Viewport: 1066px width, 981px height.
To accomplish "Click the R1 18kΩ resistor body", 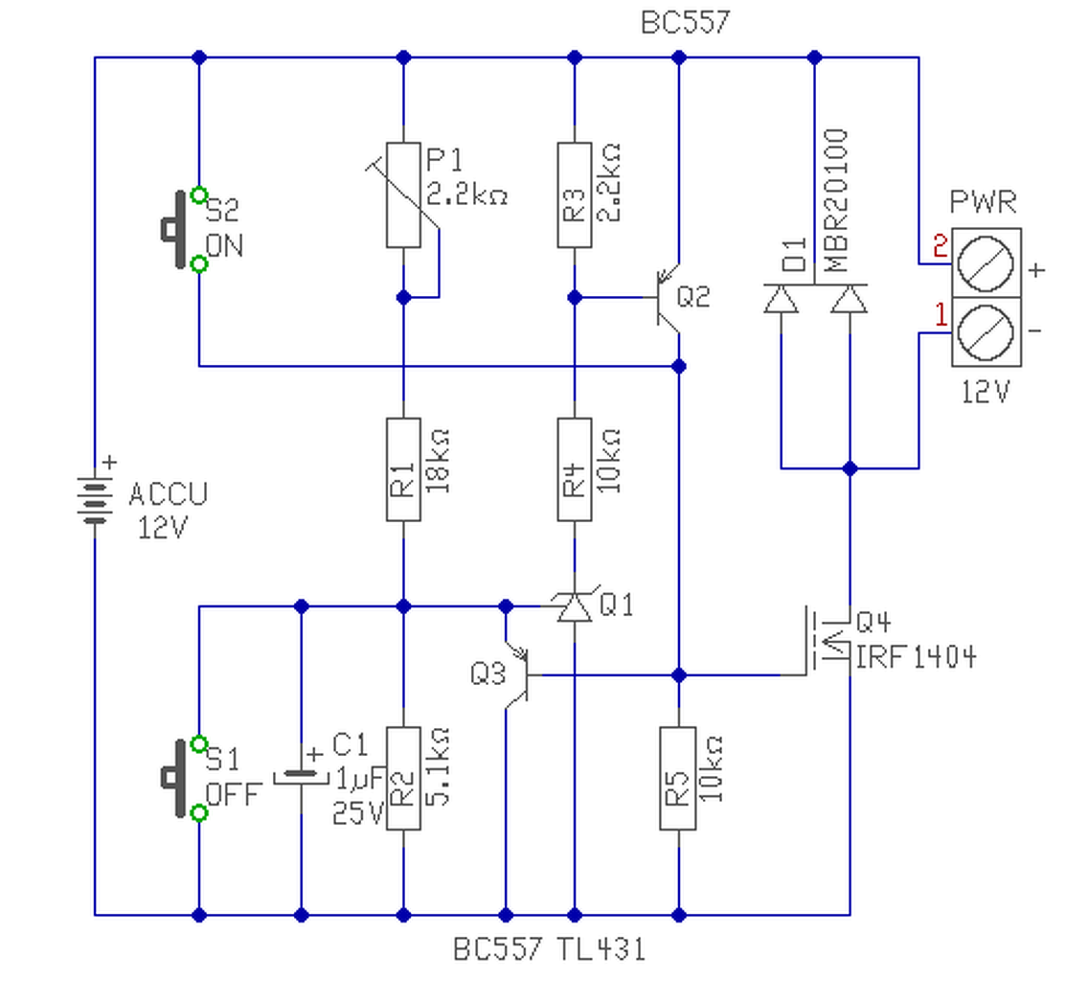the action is (x=403, y=469).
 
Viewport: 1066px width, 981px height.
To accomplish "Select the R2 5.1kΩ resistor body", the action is (x=403, y=779).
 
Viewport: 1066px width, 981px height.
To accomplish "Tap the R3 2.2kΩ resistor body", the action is (x=575, y=195).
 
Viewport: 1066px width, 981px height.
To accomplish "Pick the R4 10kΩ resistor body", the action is (x=575, y=469).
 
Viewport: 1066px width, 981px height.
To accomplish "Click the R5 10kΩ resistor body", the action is (x=678, y=779).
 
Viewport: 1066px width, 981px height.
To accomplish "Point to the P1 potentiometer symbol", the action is (x=403, y=195).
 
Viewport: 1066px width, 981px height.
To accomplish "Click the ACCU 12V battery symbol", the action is (x=95, y=501).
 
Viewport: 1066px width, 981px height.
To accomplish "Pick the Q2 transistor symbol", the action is (x=667, y=298).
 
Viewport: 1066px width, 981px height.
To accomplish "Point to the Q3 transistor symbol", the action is (x=518, y=675).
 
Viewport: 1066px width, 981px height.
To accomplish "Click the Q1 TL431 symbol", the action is (x=575, y=606).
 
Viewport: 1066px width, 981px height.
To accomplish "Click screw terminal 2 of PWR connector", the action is (x=986, y=263).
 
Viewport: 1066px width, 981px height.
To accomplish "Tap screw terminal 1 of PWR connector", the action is (x=986, y=332).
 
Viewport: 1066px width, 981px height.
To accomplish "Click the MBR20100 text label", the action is (x=836, y=200).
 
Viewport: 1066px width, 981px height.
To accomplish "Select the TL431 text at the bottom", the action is (x=601, y=949).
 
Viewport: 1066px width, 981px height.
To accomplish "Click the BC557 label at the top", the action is (x=686, y=22).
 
